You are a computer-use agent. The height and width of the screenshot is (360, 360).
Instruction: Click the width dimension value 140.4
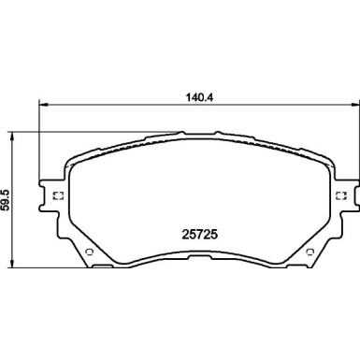(194, 93)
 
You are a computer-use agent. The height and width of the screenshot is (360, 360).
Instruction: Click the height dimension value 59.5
(7, 199)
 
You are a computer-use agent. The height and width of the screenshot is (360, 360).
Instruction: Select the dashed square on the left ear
(56, 195)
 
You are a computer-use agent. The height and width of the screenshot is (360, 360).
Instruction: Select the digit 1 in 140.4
(182, 93)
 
